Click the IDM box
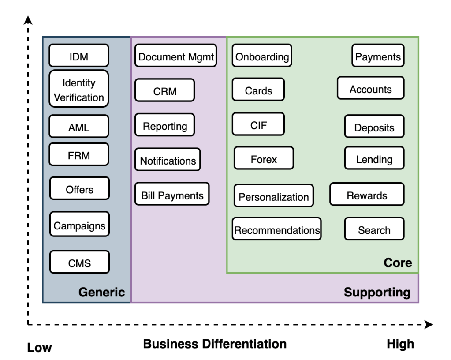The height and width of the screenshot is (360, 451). (x=79, y=56)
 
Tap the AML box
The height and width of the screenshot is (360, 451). (x=79, y=127)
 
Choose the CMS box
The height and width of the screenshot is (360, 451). (x=79, y=262)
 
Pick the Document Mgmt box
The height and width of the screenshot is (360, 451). (x=176, y=56)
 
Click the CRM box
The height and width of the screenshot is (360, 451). (x=164, y=91)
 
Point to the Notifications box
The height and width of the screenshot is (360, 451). (x=168, y=160)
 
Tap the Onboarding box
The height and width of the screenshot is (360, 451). (x=262, y=56)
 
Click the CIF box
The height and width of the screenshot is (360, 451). (x=258, y=125)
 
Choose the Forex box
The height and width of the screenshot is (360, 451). (x=264, y=159)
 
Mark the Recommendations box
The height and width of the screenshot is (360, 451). (x=277, y=229)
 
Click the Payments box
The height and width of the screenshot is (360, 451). (x=378, y=56)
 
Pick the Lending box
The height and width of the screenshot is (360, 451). (x=374, y=159)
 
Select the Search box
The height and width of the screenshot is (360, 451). (x=374, y=229)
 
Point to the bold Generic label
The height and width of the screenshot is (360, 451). (x=101, y=292)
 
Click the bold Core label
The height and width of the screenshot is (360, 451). (x=398, y=263)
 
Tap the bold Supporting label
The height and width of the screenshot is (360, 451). (x=377, y=292)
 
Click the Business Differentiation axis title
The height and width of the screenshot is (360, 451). (x=215, y=344)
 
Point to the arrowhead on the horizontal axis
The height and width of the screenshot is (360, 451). (x=429, y=325)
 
